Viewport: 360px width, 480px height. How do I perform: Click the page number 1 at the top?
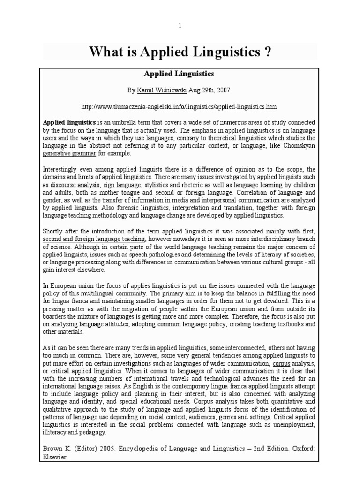click(x=180, y=26)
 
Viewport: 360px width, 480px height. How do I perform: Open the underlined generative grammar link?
click(x=69, y=153)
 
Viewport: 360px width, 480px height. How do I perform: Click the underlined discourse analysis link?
click(x=74, y=186)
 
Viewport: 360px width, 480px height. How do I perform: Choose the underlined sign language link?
click(x=118, y=186)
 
